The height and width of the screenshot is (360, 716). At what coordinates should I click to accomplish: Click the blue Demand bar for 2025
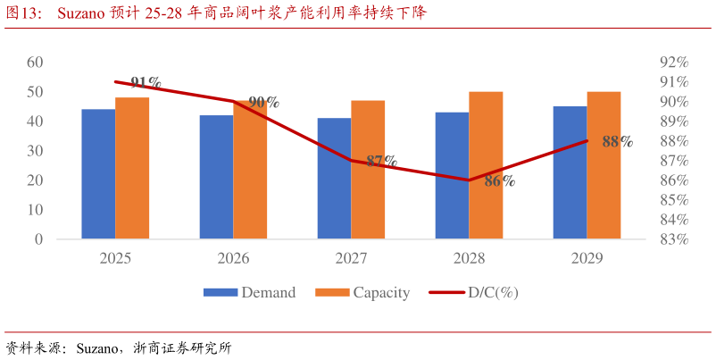point(98,174)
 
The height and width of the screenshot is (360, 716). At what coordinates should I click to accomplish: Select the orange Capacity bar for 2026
point(250,170)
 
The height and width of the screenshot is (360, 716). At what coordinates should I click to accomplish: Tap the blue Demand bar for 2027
point(334,179)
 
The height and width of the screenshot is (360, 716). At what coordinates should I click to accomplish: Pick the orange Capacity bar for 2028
point(486,165)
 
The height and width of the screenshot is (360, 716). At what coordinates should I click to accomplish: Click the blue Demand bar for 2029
point(570,172)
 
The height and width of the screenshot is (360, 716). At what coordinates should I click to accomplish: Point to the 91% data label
point(146,82)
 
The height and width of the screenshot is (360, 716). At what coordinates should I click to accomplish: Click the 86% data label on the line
point(499,181)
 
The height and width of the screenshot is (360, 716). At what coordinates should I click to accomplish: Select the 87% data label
point(381,162)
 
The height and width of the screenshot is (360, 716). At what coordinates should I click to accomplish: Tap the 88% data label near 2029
point(617,141)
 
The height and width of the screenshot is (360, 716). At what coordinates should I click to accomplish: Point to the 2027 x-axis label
point(351,258)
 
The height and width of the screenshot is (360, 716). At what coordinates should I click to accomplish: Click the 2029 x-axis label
point(587,258)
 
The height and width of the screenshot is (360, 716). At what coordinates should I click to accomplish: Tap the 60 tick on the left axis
point(35,62)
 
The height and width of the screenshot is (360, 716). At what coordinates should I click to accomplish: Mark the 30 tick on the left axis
point(35,151)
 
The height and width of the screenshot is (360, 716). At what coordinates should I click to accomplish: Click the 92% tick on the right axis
point(673,62)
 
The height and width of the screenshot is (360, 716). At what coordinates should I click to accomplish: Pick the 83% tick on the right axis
point(673,239)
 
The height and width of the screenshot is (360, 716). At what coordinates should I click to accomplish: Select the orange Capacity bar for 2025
point(132,168)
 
